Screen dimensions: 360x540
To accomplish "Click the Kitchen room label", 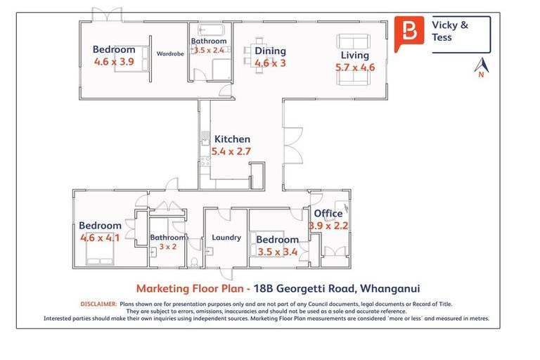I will tap(232, 139).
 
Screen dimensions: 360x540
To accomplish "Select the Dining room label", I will tap(270, 51).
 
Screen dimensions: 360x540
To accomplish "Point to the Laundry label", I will tap(226, 238).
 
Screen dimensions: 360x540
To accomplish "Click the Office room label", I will tap(328, 214).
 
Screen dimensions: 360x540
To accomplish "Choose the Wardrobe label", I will tap(170, 53).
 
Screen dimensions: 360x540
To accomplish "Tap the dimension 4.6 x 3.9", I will tap(114, 62).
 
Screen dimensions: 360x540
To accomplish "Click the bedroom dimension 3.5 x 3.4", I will tap(277, 252).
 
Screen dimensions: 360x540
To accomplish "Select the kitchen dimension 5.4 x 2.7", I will tap(231, 151).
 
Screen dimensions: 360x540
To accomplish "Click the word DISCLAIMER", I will tap(98, 304).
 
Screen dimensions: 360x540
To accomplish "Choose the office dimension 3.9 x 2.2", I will tap(328, 226).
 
